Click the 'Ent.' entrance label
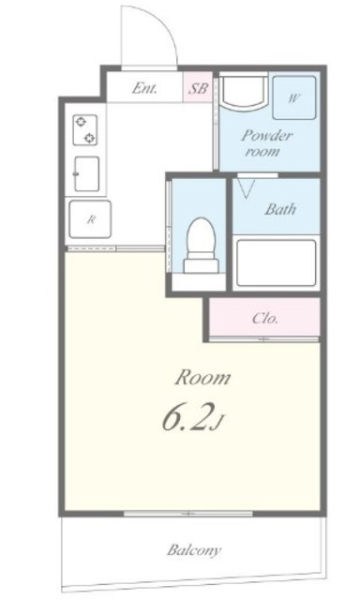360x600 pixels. [144, 88]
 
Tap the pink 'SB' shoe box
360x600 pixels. [198, 87]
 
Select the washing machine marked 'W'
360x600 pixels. [293, 97]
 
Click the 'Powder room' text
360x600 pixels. [266, 143]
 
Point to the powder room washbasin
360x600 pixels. [243, 93]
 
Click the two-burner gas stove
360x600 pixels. [85, 130]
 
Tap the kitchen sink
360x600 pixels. [86, 173]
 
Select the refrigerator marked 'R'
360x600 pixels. [90, 219]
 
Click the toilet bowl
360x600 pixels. [201, 234]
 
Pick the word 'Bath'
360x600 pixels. [280, 209]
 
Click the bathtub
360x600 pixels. [276, 262]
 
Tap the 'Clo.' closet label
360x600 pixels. [264, 319]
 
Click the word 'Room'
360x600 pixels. [202, 378]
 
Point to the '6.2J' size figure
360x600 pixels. [192, 419]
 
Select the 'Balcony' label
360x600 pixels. [194, 550]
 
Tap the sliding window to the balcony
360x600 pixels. [187, 514]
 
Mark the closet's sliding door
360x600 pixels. [264, 339]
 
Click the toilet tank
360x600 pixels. [202, 265]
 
